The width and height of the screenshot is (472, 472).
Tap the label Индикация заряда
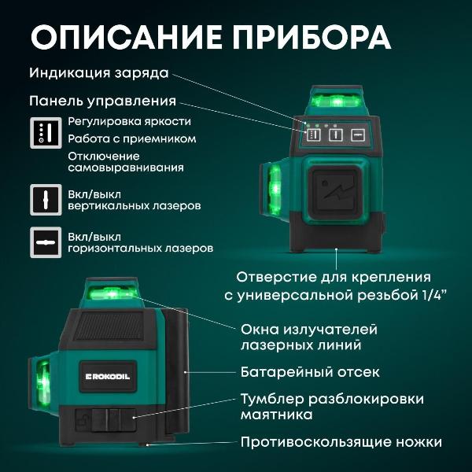(x=98, y=73)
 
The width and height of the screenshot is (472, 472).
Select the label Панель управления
(x=102, y=101)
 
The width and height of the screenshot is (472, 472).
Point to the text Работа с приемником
(x=131, y=138)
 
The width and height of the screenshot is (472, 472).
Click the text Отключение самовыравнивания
(x=126, y=161)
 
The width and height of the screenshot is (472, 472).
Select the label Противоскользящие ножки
(x=341, y=442)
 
